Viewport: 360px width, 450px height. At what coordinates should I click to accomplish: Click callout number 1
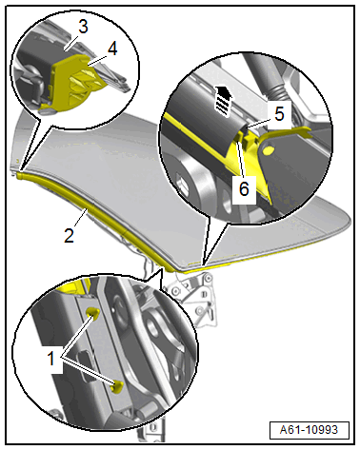coord(51,359)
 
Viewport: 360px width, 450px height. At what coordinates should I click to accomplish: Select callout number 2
coord(69,235)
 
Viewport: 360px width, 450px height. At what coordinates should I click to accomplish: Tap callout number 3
coord(83,27)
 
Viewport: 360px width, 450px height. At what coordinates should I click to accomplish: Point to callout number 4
coord(112,49)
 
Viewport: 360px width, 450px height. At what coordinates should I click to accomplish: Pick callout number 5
coord(279,113)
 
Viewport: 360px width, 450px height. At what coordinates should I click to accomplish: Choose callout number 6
coord(244,189)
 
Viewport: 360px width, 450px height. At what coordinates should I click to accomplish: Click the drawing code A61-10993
coord(309,430)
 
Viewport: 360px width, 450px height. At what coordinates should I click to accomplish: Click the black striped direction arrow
coord(223,101)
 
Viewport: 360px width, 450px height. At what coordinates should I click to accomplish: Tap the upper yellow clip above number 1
coord(93,312)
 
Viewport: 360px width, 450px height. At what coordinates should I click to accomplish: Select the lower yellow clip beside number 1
coord(117,386)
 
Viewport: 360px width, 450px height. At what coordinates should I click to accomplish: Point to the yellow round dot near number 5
coord(269,148)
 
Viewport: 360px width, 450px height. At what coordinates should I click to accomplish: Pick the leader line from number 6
coord(241,159)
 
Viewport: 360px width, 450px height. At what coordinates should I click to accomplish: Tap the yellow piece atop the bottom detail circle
coord(73,284)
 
